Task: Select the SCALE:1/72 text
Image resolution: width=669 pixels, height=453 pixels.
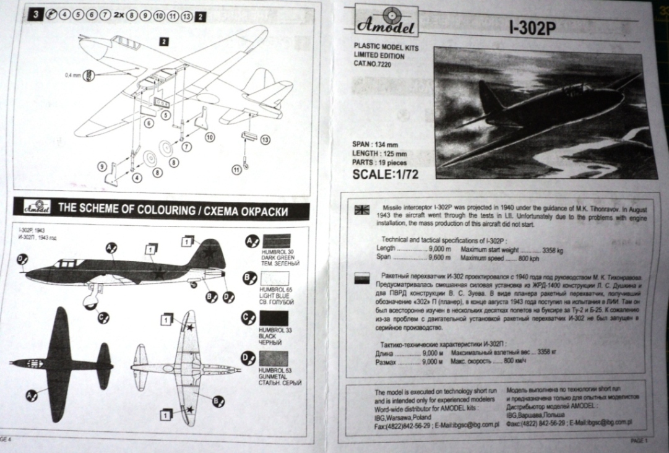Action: (x=385, y=174)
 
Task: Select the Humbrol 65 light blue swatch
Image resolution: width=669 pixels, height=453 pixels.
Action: (x=276, y=282)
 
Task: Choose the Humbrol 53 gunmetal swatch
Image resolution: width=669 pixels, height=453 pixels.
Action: (x=276, y=359)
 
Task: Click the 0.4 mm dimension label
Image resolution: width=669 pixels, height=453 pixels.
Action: (x=73, y=75)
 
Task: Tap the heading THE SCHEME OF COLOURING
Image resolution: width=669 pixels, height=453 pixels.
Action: (x=173, y=209)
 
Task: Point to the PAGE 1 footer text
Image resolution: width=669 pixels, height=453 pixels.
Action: (x=641, y=441)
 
